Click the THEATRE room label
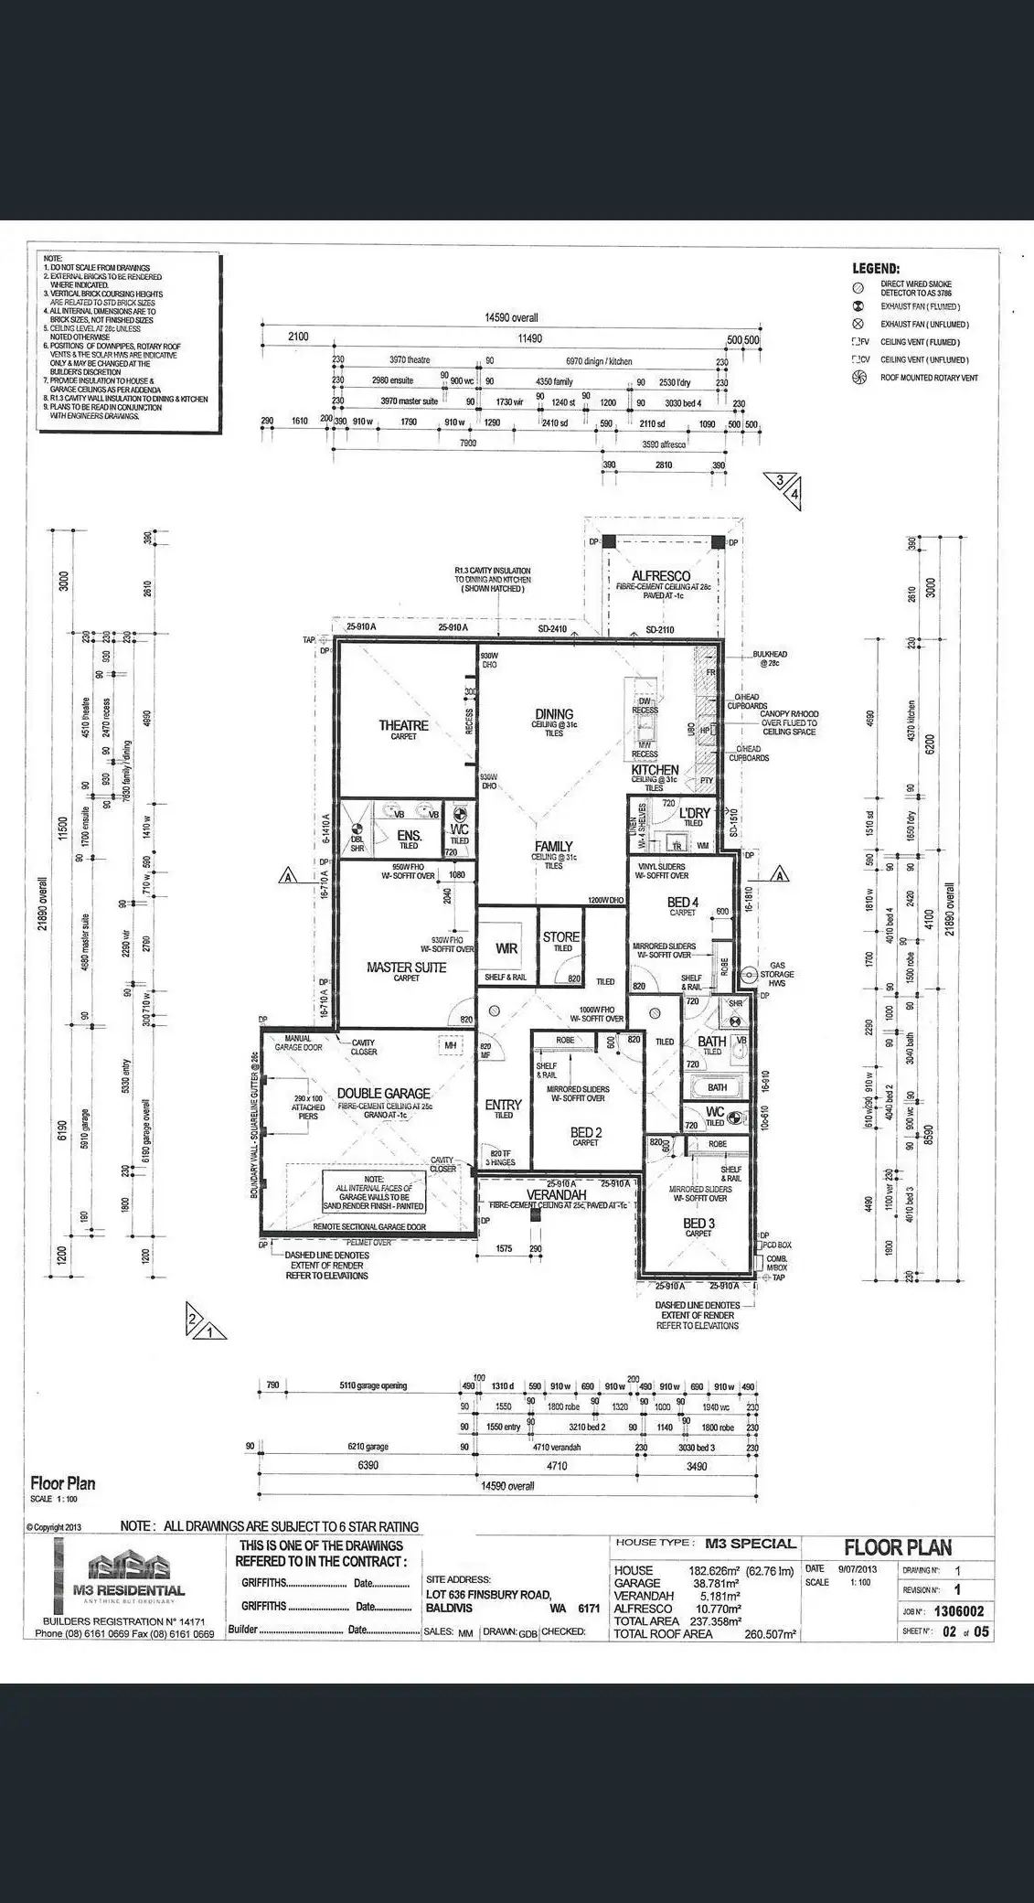coord(403,725)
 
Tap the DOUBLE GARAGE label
coord(383,1094)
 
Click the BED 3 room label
coord(698,1223)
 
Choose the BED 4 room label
coord(682,903)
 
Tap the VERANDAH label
coord(556,1194)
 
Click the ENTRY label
coord(503,1105)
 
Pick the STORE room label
coord(560,936)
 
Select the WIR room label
coord(506,948)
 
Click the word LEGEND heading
coord(876,269)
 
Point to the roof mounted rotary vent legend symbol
coord(858,378)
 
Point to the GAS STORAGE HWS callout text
coord(777,974)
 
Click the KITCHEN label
coord(655,770)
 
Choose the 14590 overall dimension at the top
coord(511,318)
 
